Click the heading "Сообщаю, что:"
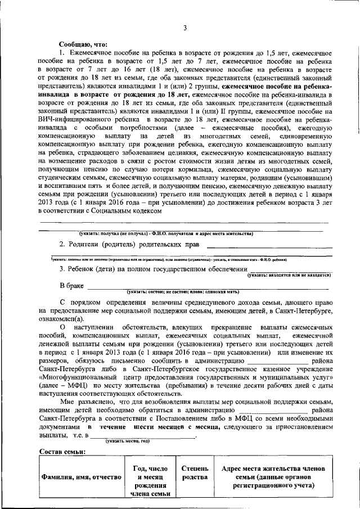click(83, 44)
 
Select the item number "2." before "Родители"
click(63, 245)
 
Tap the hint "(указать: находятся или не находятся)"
click(289, 275)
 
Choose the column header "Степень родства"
click(195, 473)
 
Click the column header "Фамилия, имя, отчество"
click(81, 477)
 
